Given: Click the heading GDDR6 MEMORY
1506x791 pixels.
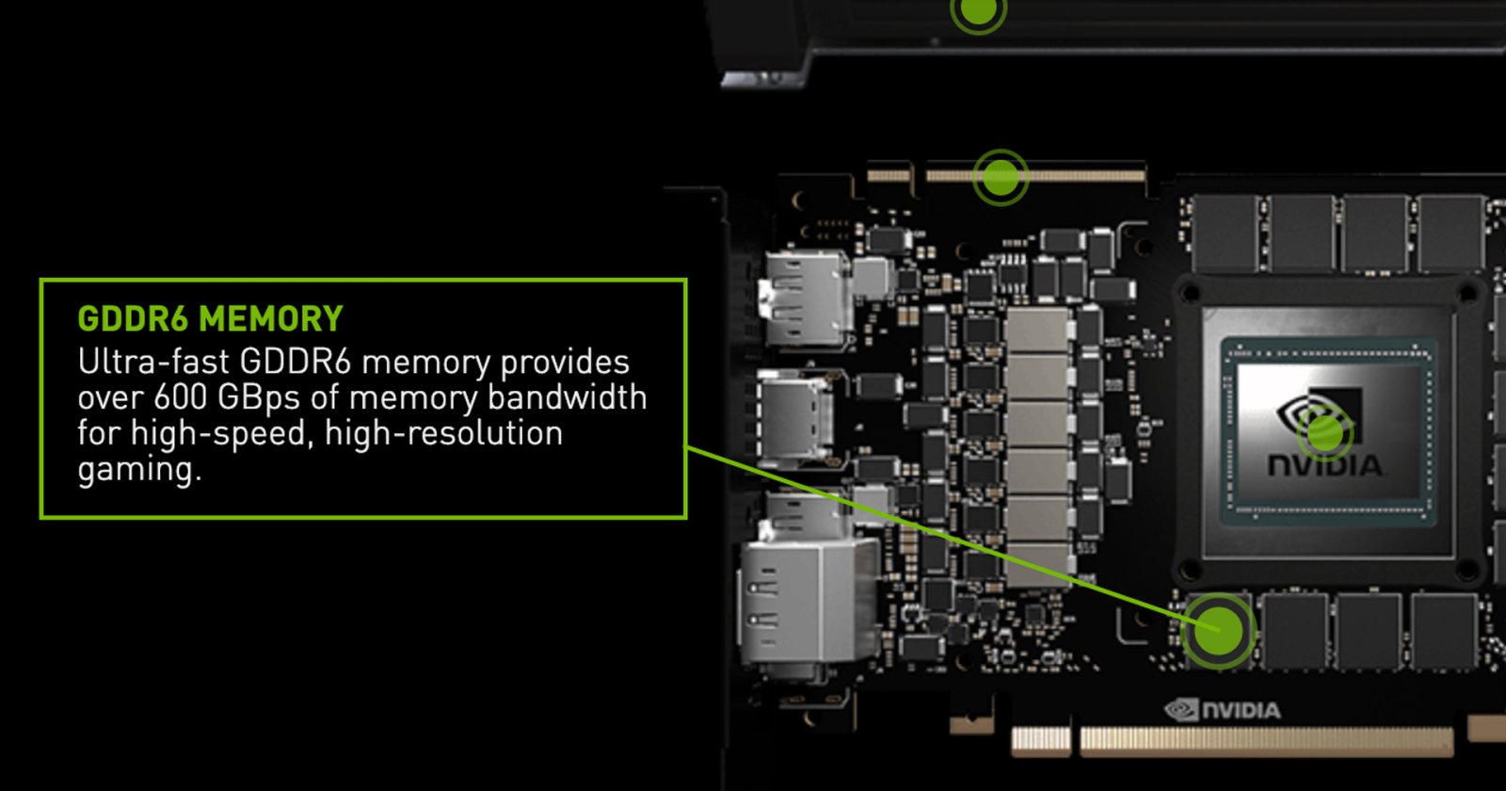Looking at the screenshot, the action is click(211, 319).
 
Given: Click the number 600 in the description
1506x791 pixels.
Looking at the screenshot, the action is click(180, 397).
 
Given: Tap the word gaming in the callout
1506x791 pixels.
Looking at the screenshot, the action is click(139, 470).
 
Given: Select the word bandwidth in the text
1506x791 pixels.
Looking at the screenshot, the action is click(567, 396).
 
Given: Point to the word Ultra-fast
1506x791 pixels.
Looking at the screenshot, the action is click(154, 362).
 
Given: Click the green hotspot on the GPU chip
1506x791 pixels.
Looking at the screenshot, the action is click(1324, 432).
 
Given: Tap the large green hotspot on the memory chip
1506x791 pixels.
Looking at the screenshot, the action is click(1218, 631).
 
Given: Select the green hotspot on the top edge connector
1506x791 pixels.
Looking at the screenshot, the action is click(1001, 178).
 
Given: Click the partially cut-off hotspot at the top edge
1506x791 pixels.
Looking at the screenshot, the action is click(978, 11).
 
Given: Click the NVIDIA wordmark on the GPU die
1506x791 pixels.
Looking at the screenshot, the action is click(1324, 465).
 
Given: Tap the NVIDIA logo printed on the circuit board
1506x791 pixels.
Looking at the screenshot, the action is click(1223, 710).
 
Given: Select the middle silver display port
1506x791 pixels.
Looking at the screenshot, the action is click(795, 417).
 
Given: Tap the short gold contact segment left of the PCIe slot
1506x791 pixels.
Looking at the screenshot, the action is click(1041, 740).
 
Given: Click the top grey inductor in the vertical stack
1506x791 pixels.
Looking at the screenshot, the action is click(1039, 329).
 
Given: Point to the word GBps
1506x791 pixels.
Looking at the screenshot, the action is click(258, 398).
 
